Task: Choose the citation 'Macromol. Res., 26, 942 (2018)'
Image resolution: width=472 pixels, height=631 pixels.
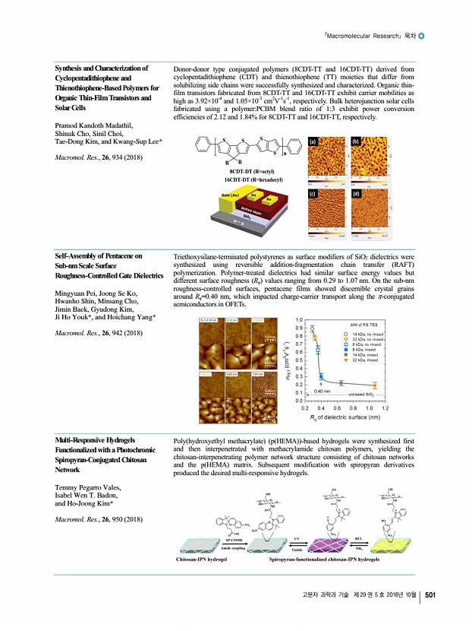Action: point(94,333)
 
